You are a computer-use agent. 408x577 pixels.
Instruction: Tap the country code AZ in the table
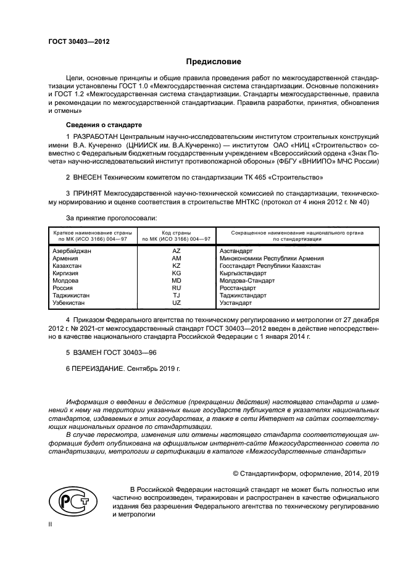(176, 251)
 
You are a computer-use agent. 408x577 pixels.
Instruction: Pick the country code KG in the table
(176, 273)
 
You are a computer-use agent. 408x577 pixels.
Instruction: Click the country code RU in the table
(176, 288)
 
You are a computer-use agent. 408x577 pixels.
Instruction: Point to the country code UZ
(176, 303)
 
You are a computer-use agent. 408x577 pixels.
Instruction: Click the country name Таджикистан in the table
(71, 296)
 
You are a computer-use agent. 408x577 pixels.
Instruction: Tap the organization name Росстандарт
(237, 288)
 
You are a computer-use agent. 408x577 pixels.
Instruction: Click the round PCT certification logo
(70, 502)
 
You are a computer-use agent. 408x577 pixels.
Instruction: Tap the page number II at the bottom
(51, 524)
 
